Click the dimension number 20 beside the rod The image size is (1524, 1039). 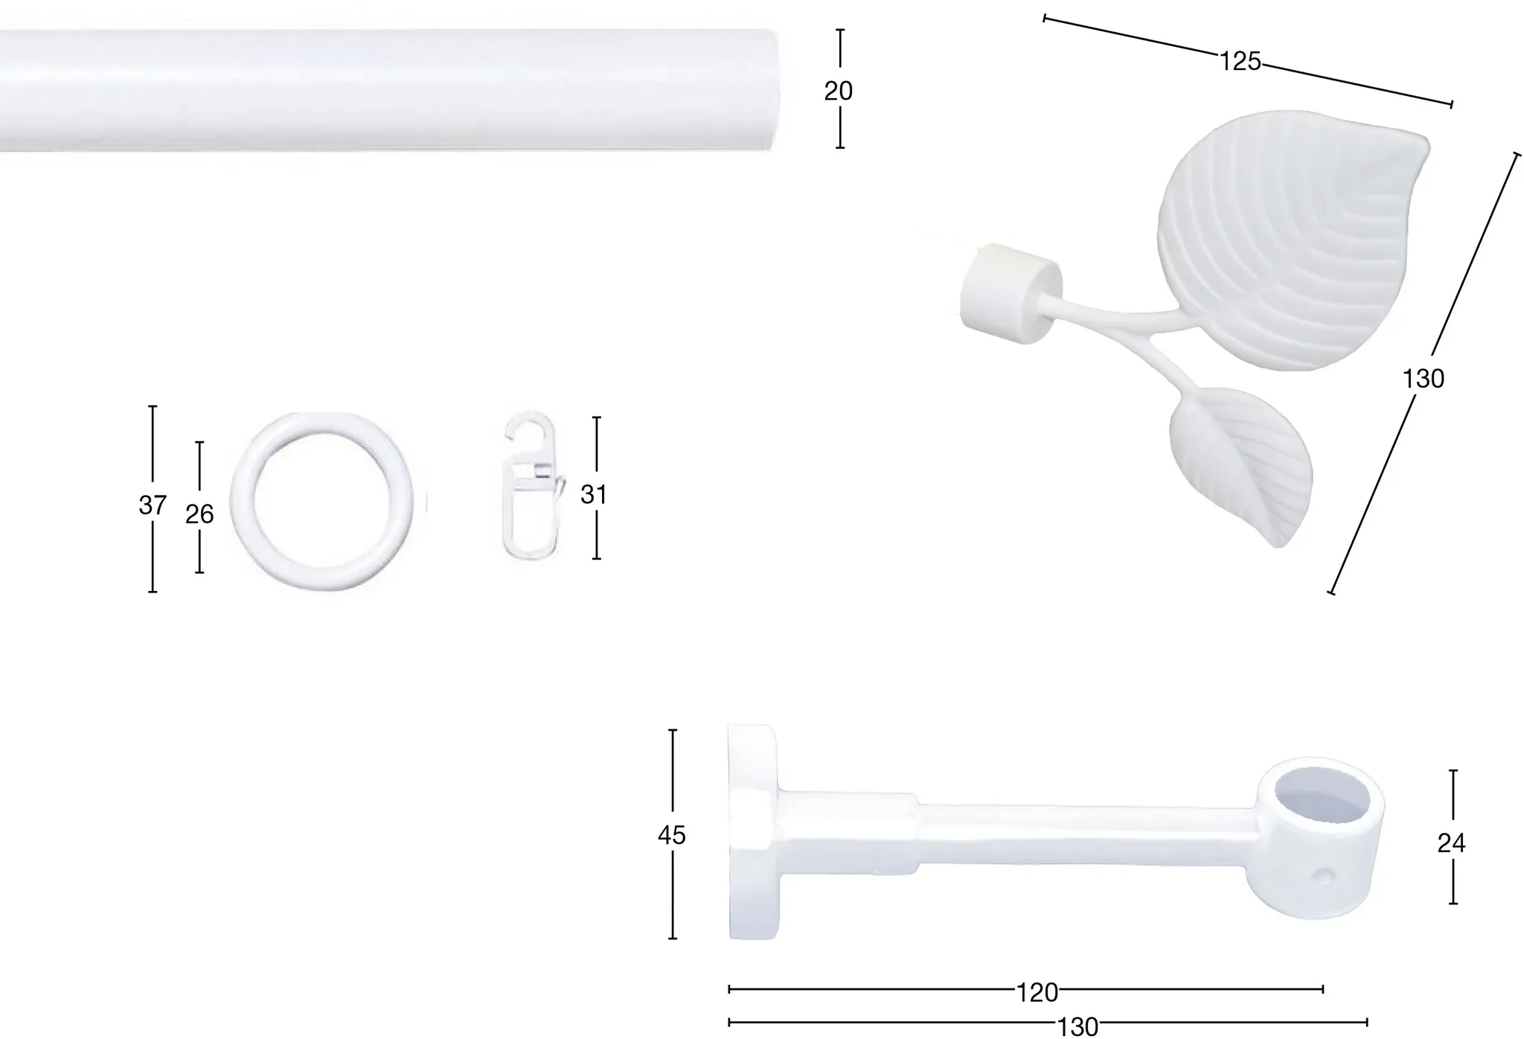(838, 91)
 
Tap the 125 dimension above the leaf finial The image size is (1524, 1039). (1240, 61)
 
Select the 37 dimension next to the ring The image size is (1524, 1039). (153, 505)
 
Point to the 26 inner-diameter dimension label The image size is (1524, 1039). (199, 514)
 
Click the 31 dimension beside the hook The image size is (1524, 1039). (594, 494)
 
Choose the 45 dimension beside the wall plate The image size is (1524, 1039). (671, 836)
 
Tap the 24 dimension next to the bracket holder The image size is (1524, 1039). (1451, 843)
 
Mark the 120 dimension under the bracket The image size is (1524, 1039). (1037, 992)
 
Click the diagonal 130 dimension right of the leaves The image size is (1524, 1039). (1423, 379)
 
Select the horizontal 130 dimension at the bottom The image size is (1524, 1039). (1078, 1027)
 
